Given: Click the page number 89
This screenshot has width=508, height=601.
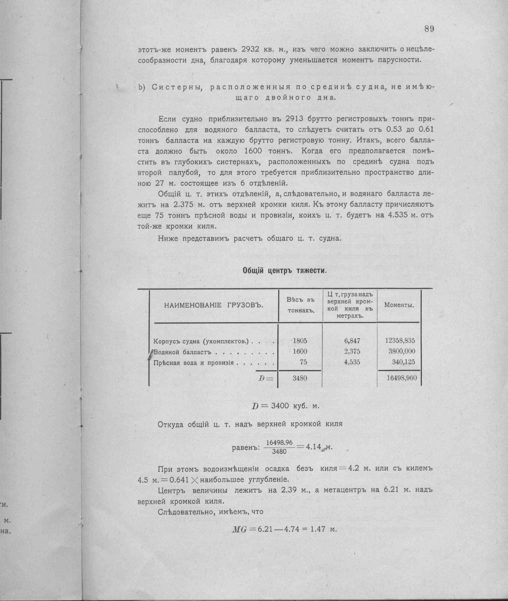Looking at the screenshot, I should click(x=429, y=29).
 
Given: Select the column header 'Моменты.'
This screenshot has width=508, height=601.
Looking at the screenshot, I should click(x=399, y=305).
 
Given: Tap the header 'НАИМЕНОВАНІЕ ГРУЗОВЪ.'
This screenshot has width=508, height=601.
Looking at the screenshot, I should click(x=214, y=305).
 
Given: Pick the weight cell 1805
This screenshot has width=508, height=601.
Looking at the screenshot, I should click(x=300, y=341).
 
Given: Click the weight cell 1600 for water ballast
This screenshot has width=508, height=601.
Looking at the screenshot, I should click(x=300, y=351).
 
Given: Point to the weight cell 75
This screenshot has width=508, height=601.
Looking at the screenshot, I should click(x=303, y=362).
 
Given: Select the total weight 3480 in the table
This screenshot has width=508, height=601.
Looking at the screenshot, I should click(x=300, y=378).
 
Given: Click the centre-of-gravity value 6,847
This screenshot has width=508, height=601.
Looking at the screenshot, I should click(x=352, y=341).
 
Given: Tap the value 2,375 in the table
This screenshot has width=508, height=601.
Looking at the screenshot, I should click(x=352, y=351).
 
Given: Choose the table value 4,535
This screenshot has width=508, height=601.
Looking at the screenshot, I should click(x=352, y=362).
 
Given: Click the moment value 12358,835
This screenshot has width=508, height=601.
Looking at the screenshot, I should click(x=400, y=341).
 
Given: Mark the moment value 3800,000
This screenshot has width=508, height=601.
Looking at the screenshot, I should click(x=402, y=351).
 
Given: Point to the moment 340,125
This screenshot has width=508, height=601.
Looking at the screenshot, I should click(x=403, y=362).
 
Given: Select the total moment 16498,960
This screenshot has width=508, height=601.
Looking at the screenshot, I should click(x=402, y=378).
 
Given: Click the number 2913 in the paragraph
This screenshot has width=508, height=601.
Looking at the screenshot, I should click(x=295, y=119).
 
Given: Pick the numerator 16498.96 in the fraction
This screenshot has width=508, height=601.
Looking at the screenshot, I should click(x=279, y=442).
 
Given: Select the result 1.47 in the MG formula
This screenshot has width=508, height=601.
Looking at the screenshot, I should click(x=317, y=529).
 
